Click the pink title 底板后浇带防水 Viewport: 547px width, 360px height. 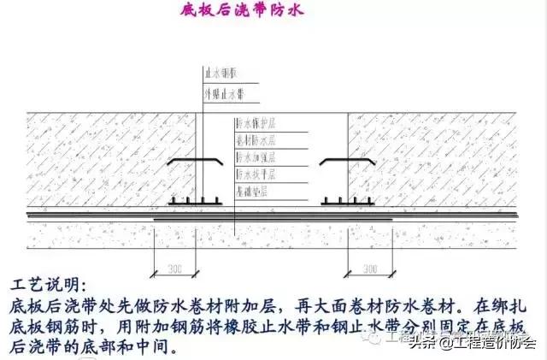[x=241, y=11]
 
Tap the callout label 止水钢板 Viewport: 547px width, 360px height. [x=218, y=75]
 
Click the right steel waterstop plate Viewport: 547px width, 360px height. [x=347, y=162]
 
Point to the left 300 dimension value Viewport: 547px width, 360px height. [x=177, y=269]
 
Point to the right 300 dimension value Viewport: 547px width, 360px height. [x=370, y=269]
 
